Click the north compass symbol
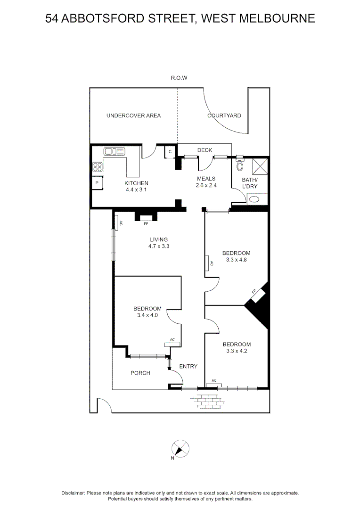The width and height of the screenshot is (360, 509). click(179, 448)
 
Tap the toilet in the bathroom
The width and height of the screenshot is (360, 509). click(240, 165)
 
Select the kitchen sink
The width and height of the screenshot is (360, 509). click(115, 152)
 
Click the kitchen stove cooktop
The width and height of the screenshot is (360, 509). click(98, 166)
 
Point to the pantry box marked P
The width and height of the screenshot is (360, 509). click(97, 183)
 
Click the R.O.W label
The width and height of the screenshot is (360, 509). click(179, 78)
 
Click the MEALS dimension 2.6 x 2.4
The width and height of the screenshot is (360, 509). click(206, 185)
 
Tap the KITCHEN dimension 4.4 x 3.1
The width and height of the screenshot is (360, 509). click(137, 189)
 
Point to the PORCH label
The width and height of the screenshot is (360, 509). click(140, 373)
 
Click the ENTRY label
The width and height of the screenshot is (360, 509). click(188, 366)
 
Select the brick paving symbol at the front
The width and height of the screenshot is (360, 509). click(207, 401)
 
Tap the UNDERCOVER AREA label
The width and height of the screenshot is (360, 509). click(133, 115)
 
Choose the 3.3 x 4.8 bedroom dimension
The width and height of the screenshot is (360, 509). click(236, 260)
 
